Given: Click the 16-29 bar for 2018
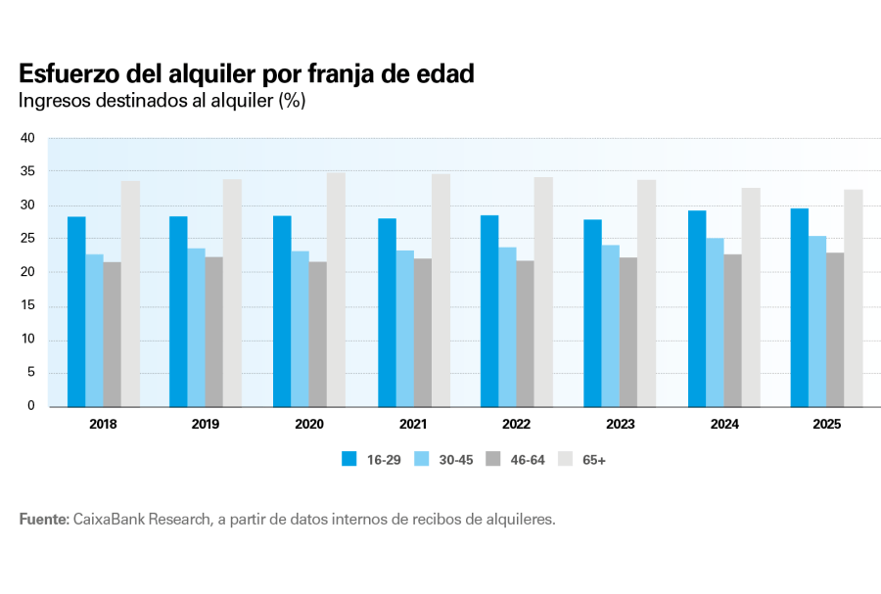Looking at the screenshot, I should [76, 311].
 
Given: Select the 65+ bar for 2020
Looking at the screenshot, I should [336, 290].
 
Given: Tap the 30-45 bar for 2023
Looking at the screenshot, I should [610, 325].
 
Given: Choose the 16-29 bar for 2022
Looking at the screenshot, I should [489, 310].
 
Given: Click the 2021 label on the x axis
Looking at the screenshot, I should [413, 425].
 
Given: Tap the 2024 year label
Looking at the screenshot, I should [724, 425].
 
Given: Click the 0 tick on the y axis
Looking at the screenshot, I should [31, 405].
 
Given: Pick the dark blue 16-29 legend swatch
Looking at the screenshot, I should [348, 459].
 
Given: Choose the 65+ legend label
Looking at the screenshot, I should [594, 459].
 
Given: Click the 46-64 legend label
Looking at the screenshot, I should [528, 459].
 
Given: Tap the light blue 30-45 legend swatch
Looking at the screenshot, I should [419, 459].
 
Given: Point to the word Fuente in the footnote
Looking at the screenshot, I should [43, 519].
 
